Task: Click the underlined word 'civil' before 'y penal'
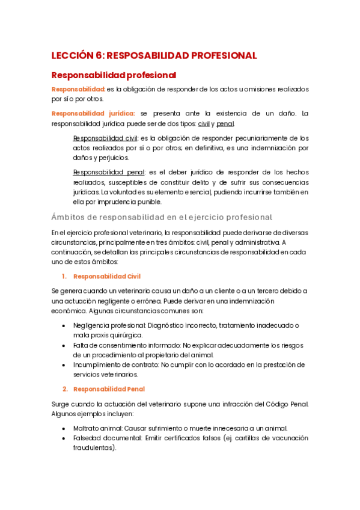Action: (204, 124)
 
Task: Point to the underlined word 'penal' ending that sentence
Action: (225, 124)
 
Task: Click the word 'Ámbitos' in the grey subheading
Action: (70, 217)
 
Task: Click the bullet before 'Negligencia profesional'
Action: (64, 325)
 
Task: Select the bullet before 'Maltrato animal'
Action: (64, 428)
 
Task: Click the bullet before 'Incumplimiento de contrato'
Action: (64, 364)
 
